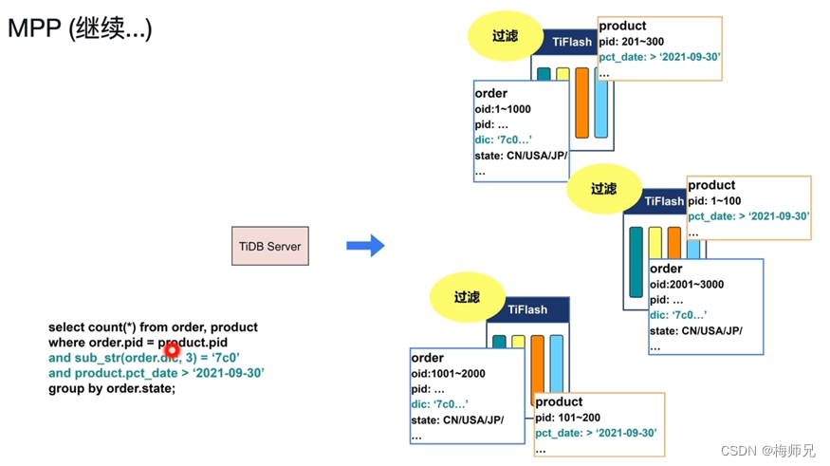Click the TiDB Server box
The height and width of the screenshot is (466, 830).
coord(270,246)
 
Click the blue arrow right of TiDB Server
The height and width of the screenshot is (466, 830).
coord(365,246)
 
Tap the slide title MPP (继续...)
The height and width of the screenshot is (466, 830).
coord(80,28)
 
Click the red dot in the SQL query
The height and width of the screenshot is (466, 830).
coord(172,350)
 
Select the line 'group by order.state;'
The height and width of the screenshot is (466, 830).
coord(112,388)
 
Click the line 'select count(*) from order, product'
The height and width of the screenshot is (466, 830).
coord(153,327)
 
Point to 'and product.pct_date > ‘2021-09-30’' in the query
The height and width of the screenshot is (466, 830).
coord(157,373)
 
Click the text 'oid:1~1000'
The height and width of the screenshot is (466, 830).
coord(503,109)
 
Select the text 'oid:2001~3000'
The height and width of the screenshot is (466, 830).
coord(687,284)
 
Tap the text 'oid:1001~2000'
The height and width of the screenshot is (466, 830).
coord(448,373)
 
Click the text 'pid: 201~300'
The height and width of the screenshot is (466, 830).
coord(632,41)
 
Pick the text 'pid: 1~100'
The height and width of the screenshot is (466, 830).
coord(715,200)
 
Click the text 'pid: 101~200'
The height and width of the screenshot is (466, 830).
coord(567,418)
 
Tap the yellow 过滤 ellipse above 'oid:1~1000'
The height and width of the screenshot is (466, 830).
coord(505,36)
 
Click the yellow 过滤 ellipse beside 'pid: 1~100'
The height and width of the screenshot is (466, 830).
coord(603,189)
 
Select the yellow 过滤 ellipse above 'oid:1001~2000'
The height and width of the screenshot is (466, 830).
coord(467,297)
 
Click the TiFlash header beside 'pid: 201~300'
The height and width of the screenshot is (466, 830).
coord(572,42)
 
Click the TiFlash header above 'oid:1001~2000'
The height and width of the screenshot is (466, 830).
coord(527,309)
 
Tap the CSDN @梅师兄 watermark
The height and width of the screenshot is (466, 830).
coord(767,451)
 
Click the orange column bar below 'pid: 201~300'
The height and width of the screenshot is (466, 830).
coord(582,103)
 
